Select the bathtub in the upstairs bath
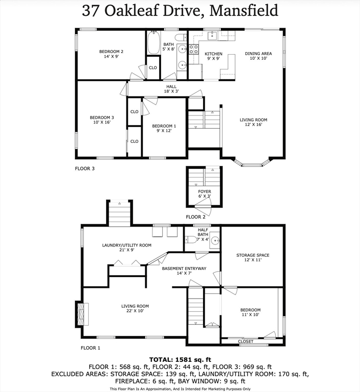point(154,43)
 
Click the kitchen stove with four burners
point(194,49)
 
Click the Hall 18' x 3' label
point(171,89)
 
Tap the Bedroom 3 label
point(101,120)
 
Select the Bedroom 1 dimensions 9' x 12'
point(164,131)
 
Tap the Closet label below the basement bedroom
point(246,341)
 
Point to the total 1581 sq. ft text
point(179,359)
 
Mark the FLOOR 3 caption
point(85,168)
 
